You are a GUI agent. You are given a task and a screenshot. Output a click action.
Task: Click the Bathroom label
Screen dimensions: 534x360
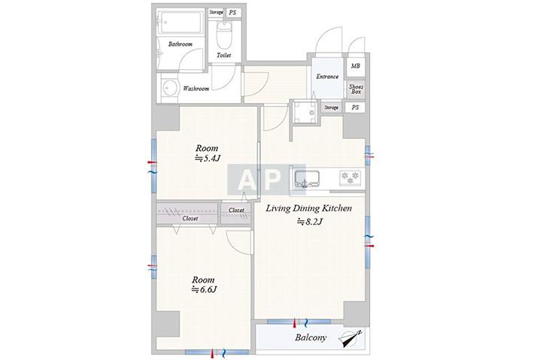(x=181, y=44)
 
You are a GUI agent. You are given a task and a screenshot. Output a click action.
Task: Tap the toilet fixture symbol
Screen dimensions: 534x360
(x=223, y=35)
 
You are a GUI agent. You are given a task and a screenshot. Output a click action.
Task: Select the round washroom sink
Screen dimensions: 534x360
(x=169, y=87)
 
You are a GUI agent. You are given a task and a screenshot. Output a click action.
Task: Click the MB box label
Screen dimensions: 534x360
(x=355, y=65)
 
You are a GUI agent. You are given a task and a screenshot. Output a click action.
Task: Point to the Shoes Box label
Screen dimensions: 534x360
(x=356, y=89)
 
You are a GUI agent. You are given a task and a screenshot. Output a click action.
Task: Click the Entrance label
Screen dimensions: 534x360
(x=327, y=77)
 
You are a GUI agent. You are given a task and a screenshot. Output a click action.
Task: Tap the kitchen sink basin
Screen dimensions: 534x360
(x=307, y=179)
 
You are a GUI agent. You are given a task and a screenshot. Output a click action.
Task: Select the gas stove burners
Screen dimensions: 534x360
(x=350, y=177)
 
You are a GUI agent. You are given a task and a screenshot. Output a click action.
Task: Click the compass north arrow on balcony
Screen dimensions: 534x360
(x=350, y=338)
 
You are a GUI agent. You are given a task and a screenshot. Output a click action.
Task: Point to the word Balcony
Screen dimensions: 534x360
(x=311, y=337)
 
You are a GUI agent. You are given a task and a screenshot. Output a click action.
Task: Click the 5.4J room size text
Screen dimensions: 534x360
(x=208, y=159)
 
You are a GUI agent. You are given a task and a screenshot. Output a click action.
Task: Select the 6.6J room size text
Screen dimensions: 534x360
(x=204, y=289)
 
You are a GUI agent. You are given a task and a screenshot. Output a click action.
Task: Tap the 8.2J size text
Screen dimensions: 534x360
(x=310, y=222)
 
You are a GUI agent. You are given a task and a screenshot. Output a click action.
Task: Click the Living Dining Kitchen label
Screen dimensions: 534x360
(x=308, y=208)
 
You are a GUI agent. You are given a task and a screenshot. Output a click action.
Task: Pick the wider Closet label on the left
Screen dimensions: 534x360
(x=190, y=219)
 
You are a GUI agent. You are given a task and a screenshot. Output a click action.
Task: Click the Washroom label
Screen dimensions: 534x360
(x=196, y=89)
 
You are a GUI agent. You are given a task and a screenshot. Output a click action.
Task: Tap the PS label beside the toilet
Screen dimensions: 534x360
(x=232, y=13)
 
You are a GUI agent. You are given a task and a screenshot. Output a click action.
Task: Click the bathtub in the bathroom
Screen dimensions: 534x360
(x=181, y=23)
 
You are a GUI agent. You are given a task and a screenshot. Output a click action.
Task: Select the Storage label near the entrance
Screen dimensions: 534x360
(x=332, y=107)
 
